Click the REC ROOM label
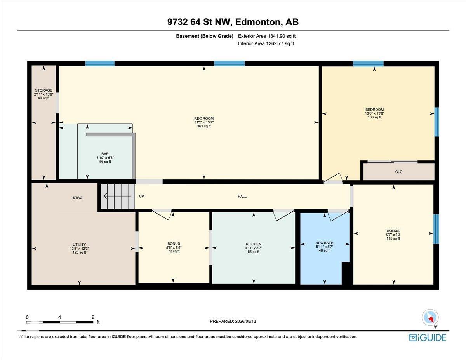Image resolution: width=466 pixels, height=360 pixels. pyautogui.click(x=204, y=118)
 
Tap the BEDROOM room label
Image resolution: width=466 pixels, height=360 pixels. pyautogui.click(x=374, y=110)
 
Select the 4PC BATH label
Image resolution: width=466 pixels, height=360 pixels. pyautogui.click(x=325, y=243)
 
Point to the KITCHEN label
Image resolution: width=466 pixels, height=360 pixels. pyautogui.click(x=254, y=244)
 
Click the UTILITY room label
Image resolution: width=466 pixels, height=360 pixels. pyautogui.click(x=79, y=245)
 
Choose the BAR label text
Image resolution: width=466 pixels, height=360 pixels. pyautogui.click(x=105, y=154)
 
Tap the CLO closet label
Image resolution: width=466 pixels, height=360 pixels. pyautogui.click(x=399, y=172)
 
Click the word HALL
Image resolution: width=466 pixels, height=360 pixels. pyautogui.click(x=242, y=197)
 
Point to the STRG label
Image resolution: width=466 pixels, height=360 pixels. pyautogui.click(x=77, y=198)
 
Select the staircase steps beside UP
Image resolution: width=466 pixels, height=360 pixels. pyautogui.click(x=118, y=196)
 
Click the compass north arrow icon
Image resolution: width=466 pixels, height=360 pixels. pyautogui.click(x=430, y=318)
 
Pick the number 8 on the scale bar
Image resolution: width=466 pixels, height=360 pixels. pyautogui.click(x=93, y=317)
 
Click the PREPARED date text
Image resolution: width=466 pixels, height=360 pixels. pyautogui.click(x=233, y=321)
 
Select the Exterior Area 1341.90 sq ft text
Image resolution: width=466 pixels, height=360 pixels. pyautogui.click(x=267, y=36)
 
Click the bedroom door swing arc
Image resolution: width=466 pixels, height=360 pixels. pyautogui.click(x=333, y=177)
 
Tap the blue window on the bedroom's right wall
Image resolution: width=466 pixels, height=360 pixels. pyautogui.click(x=436, y=122)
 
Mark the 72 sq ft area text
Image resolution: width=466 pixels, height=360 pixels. pyautogui.click(x=174, y=251)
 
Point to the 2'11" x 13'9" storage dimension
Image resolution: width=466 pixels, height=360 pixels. pyautogui.click(x=43, y=94)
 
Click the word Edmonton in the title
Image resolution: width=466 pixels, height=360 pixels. pyautogui.click(x=258, y=22)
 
